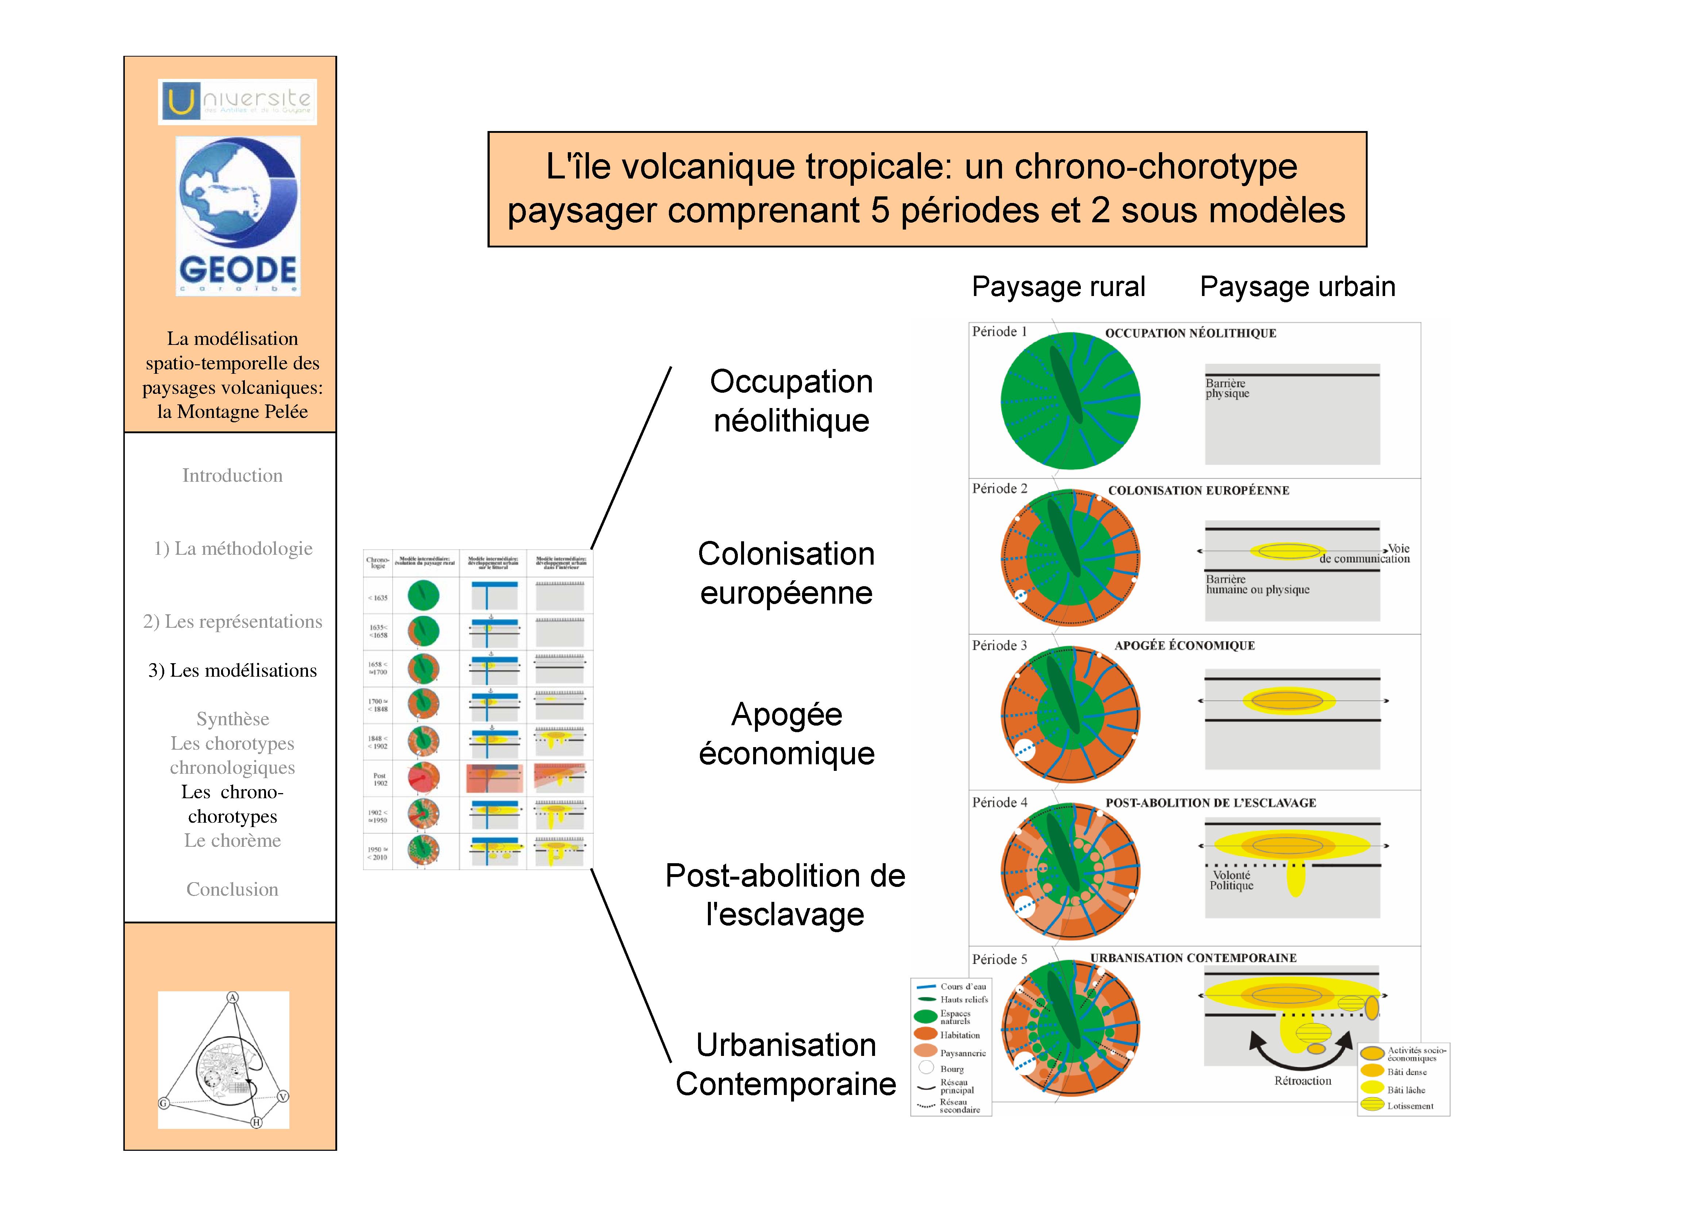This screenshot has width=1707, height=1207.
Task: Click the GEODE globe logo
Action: [x=238, y=216]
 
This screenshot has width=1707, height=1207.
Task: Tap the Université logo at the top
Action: [x=237, y=101]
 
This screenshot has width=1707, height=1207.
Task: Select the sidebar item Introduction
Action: [x=232, y=476]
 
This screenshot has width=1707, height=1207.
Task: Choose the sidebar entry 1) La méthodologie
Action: [x=233, y=549]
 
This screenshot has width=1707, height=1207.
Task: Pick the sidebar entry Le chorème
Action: [x=232, y=841]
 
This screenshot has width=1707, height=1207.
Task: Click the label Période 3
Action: [x=999, y=646]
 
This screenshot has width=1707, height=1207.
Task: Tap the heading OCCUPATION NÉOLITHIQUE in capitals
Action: [x=1190, y=333]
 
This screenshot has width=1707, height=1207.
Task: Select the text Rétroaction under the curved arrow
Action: [x=1303, y=1081]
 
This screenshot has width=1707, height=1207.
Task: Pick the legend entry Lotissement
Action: [x=1410, y=1106]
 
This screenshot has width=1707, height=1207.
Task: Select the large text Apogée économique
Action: [x=787, y=734]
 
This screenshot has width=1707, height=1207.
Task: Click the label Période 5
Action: [x=999, y=959]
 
